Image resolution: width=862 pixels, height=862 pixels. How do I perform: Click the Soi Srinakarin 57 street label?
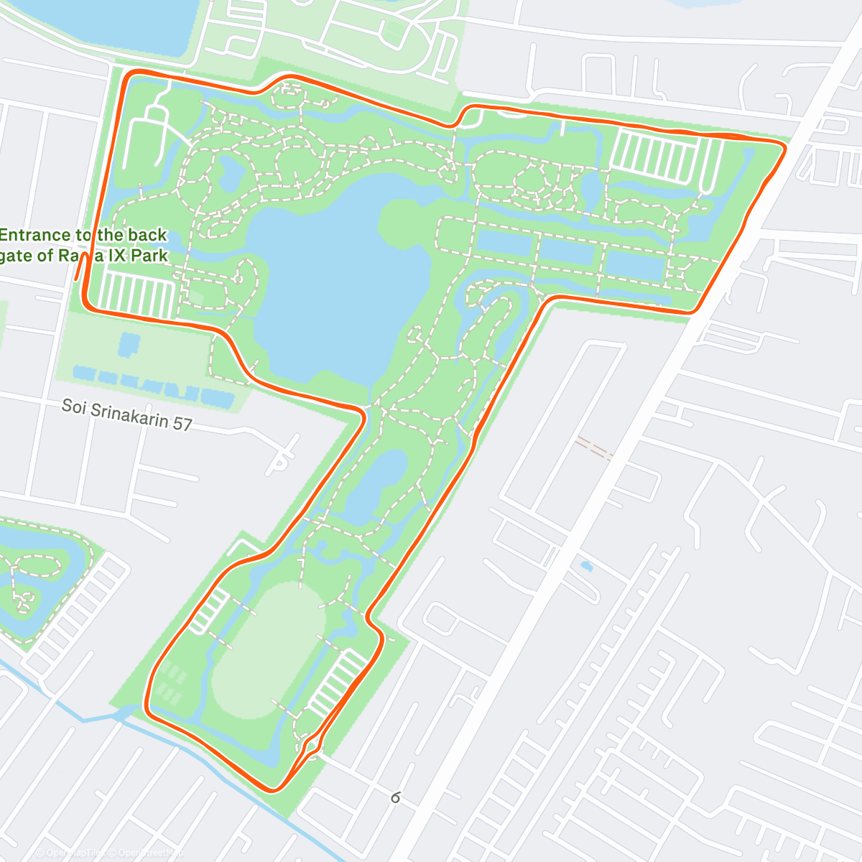(x=127, y=414)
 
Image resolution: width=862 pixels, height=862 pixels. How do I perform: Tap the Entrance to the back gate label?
(x=83, y=245)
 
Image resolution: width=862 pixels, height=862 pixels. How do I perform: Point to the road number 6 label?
(x=395, y=797)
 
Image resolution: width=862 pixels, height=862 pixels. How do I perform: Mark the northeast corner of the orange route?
(x=783, y=147)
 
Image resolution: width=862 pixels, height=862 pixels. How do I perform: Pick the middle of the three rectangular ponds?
(x=567, y=251)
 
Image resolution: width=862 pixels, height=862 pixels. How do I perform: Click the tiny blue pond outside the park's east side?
(x=586, y=566)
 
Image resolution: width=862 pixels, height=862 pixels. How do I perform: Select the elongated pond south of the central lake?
(x=377, y=485)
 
